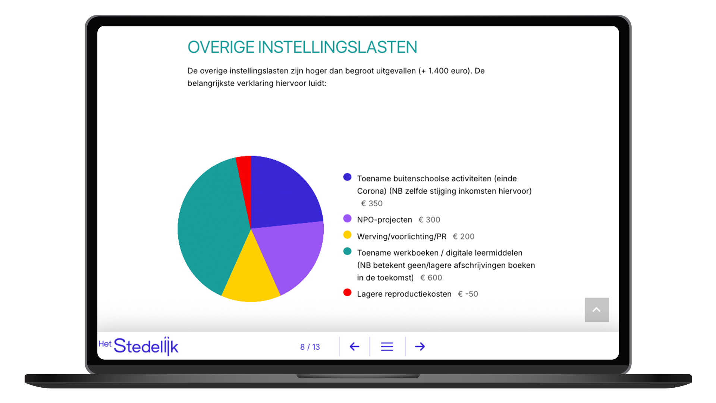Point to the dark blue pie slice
[282, 194]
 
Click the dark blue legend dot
[347, 177]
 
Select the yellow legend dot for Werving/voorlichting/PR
[347, 235]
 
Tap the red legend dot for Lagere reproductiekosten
[347, 293]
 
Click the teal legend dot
[347, 251]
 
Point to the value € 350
[372, 203]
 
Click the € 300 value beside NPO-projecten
[429, 220]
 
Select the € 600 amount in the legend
[431, 278]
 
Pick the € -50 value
[468, 294]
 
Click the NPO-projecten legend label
[384, 220]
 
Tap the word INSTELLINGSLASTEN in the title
[337, 47]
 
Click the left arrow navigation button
[354, 347]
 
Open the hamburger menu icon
[387, 347]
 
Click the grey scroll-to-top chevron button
[597, 310]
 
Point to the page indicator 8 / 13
[310, 347]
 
